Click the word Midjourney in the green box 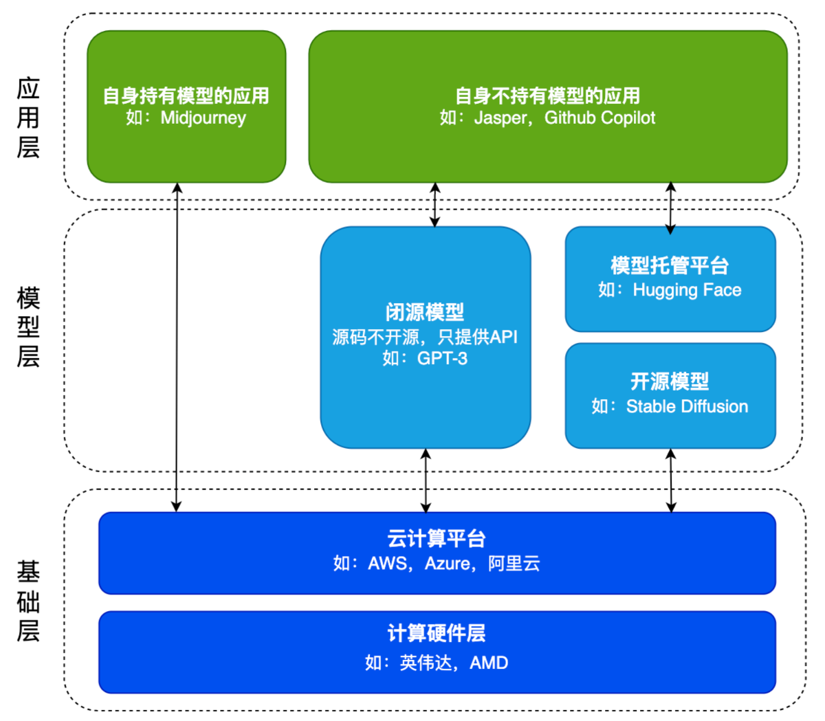coord(203,118)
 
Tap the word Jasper coord(500,118)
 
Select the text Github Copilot coord(599,118)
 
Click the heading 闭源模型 coord(425,312)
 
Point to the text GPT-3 coord(442,358)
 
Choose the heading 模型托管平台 coord(670,265)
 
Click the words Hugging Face coord(687,290)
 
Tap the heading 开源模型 coord(670,381)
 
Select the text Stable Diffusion coord(687,406)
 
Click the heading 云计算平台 coord(437,538)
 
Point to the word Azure coord(448,564)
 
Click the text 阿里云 coord(514,564)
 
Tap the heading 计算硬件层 coord(437,633)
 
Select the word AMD coord(489,663)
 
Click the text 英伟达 coord(426,663)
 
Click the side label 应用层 coord(28,118)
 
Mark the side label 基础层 coord(28,601)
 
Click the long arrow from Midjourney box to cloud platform coord(177,347)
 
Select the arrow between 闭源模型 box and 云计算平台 coord(426,480)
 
